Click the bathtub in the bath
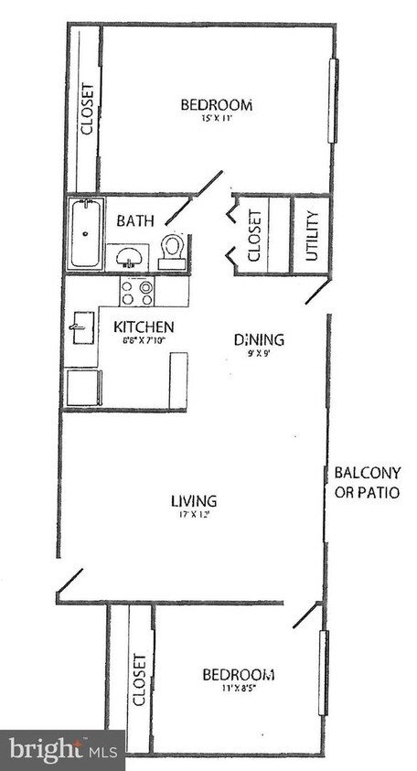tap(85, 234)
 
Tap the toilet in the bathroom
tap(173, 250)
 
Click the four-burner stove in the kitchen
tap(136, 291)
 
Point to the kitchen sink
tap(80, 326)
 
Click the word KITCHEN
tap(143, 327)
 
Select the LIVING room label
tap(194, 500)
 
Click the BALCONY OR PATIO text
tap(367, 482)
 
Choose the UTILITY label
tap(312, 236)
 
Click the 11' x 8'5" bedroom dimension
tap(237, 689)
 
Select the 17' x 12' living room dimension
tap(194, 514)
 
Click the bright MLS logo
tap(61, 750)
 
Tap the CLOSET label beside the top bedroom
tap(88, 110)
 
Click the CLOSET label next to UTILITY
tap(255, 235)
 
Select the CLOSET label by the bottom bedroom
tap(140, 680)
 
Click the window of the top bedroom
tap(334, 101)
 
